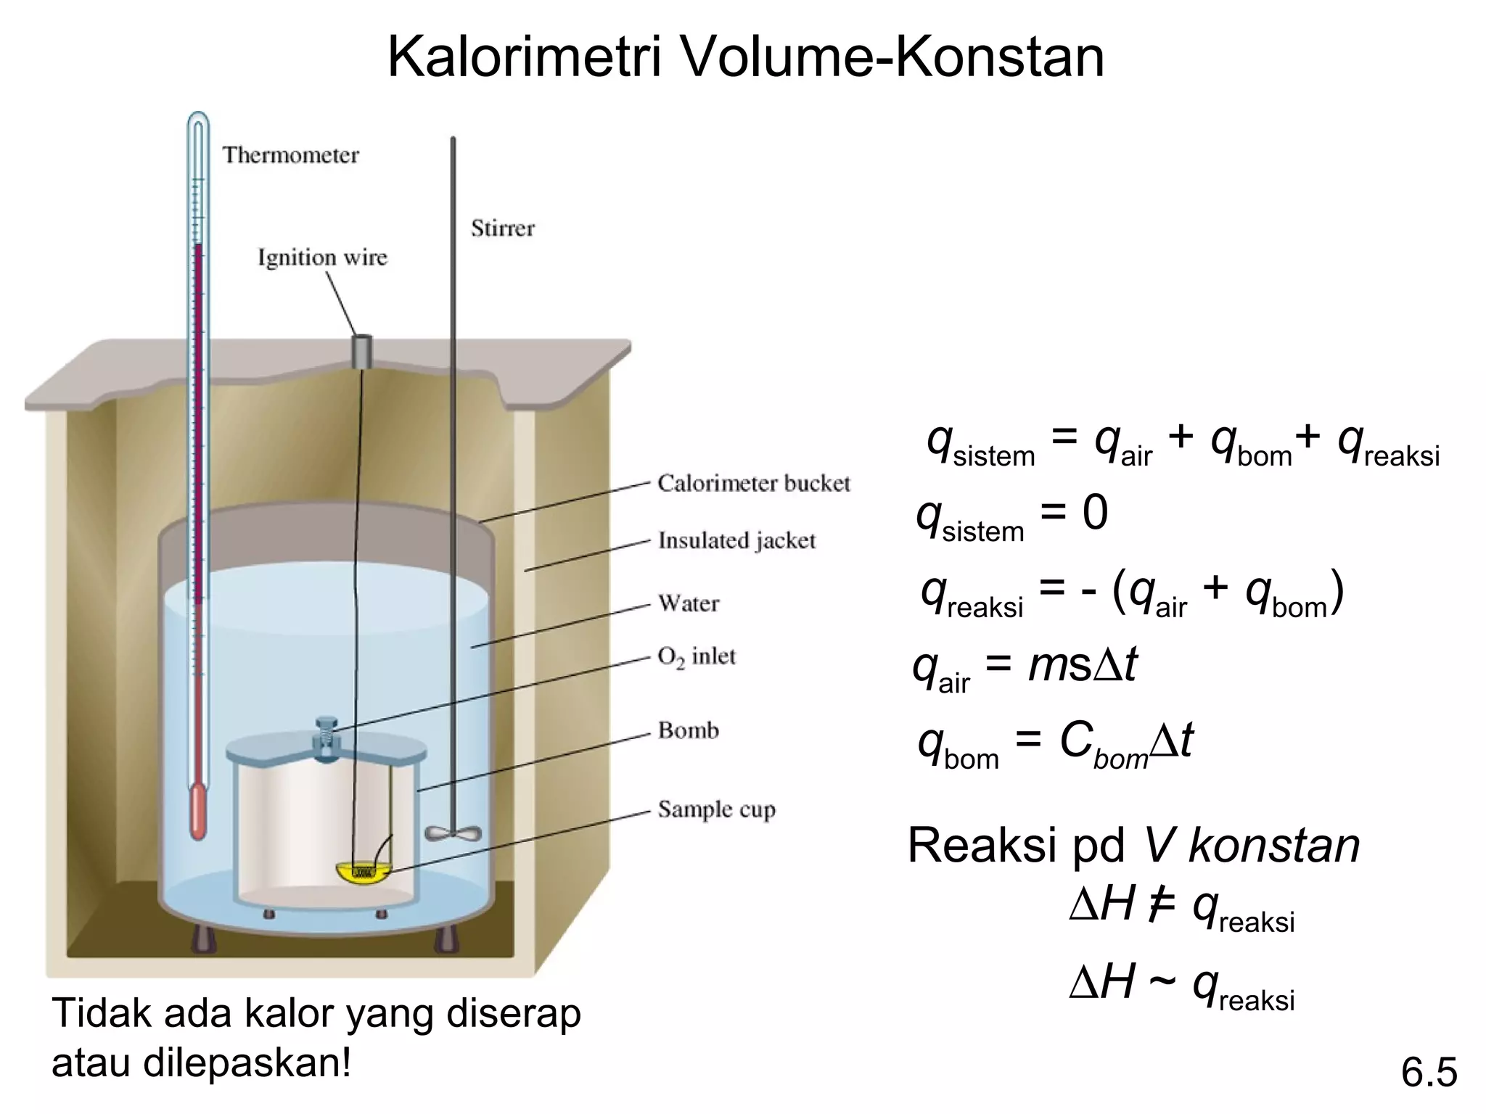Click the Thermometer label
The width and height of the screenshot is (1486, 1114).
pyautogui.click(x=290, y=155)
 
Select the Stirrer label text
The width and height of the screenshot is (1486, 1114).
pyautogui.click(x=502, y=228)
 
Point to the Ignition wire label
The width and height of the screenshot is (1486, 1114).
pyautogui.click(x=322, y=257)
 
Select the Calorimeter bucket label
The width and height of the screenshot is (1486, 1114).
pyautogui.click(x=753, y=484)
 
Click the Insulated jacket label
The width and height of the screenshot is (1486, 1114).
pyautogui.click(x=736, y=540)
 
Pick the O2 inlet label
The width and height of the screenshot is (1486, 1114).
pyautogui.click(x=696, y=656)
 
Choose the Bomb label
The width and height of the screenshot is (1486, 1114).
pyautogui.click(x=688, y=730)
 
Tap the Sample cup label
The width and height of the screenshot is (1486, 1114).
pyautogui.click(x=716, y=809)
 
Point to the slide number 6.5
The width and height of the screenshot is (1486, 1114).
pyautogui.click(x=1428, y=1073)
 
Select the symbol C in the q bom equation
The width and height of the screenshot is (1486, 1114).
pyautogui.click(x=1075, y=740)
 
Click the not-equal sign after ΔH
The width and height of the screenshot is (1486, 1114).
pyautogui.click(x=1162, y=907)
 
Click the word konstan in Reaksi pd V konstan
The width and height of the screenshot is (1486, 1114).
pyautogui.click(x=1273, y=846)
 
